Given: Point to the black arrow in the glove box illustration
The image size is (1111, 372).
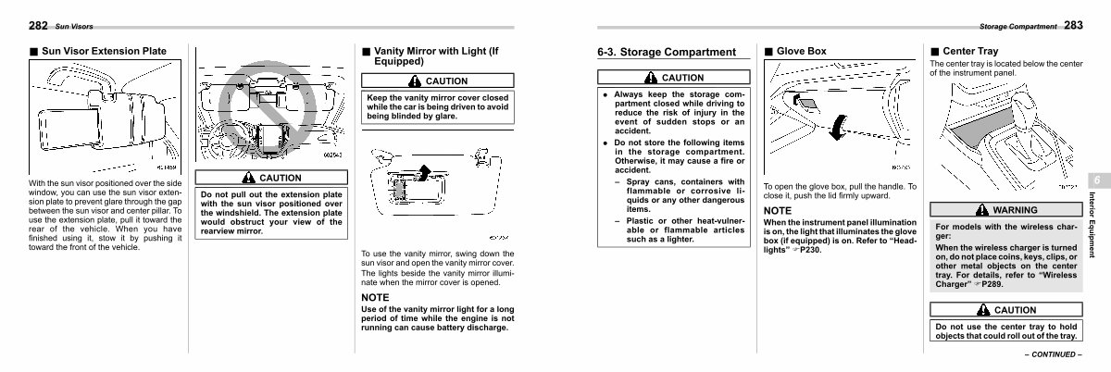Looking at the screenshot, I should (839, 127).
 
